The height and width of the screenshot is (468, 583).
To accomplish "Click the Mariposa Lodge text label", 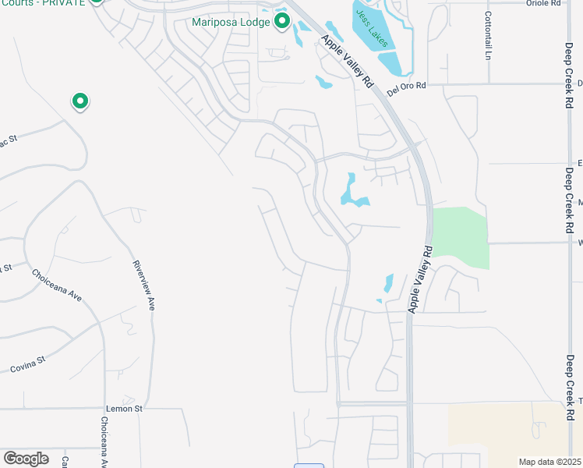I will (x=231, y=22).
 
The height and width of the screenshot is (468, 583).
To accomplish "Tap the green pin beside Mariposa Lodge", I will (x=282, y=19).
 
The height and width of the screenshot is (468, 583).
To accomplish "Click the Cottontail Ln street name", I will (x=489, y=36).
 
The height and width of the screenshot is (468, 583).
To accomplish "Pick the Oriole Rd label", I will (x=544, y=3).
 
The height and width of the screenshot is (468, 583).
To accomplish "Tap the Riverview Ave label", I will (x=144, y=285).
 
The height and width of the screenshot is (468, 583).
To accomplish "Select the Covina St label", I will (x=28, y=364).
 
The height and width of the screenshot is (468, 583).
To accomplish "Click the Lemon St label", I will (x=124, y=408).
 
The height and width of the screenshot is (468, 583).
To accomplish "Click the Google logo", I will (x=26, y=459).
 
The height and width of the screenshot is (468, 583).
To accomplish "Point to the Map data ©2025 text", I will (x=549, y=462).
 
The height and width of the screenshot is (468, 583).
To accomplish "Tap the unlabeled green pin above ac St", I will (x=79, y=101).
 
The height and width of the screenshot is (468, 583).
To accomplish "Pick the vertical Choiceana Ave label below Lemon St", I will (x=103, y=441).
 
